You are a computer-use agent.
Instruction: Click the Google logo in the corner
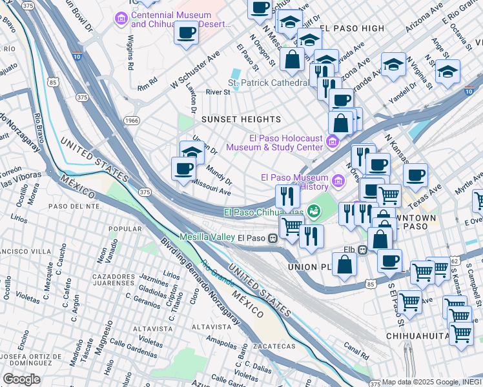(21, 379)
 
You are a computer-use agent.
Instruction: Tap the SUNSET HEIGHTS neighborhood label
(241, 119)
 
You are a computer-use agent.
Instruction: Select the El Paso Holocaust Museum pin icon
(333, 141)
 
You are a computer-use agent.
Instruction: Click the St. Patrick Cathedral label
(268, 83)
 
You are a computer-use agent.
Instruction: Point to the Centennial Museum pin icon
(121, 19)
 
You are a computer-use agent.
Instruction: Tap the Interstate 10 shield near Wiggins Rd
(77, 57)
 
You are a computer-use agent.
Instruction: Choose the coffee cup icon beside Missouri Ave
(183, 168)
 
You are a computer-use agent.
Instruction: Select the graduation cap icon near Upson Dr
(192, 152)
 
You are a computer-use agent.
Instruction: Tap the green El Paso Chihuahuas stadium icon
(313, 211)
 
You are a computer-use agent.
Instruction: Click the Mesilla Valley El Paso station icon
(273, 237)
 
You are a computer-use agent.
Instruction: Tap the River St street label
(218, 92)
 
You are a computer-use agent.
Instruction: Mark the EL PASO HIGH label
(352, 29)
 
